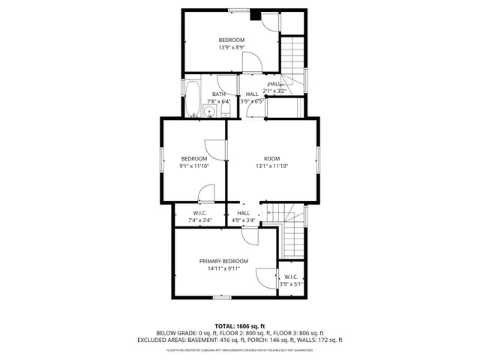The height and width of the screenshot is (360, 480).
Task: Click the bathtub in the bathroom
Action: point(192,97)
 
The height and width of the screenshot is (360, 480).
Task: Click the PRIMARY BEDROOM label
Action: point(223,261)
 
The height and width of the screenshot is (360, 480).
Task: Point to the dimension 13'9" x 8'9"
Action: point(232,47)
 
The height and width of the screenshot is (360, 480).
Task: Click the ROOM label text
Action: point(271,158)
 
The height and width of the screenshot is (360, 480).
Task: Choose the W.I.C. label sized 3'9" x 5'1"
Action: point(291,284)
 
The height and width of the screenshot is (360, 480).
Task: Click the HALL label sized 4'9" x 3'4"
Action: point(244,220)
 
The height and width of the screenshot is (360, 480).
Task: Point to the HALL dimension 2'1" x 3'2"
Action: point(275,91)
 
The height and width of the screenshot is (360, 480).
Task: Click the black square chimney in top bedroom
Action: point(255,13)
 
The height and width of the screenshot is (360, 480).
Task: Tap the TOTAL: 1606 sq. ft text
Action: point(240,326)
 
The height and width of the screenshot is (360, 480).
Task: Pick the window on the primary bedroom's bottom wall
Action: point(221,298)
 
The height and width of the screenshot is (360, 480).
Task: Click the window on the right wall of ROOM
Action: point(318,160)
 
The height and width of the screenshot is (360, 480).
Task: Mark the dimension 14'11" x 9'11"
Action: point(223,268)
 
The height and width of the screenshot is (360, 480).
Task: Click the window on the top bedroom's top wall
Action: point(239,10)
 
